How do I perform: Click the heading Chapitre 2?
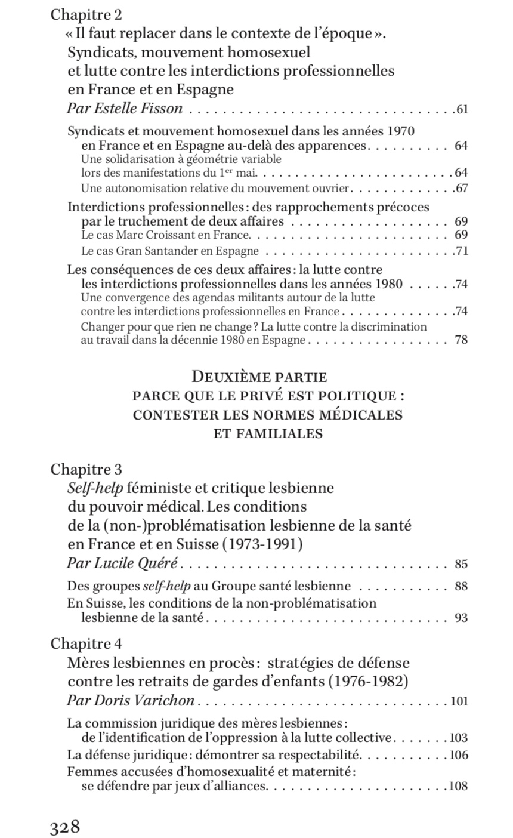pyautogui.click(x=86, y=15)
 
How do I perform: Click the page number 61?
pyautogui.click(x=461, y=109)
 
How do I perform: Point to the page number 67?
pyautogui.click(x=461, y=189)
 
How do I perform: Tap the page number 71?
pyautogui.click(x=461, y=251)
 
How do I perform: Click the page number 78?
pyautogui.click(x=461, y=341)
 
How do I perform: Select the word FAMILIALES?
pyautogui.click(x=268, y=434)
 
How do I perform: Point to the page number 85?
pyautogui.click(x=461, y=564)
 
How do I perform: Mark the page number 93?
pyautogui.click(x=461, y=618)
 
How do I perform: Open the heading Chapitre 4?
pyautogui.click(x=86, y=645)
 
